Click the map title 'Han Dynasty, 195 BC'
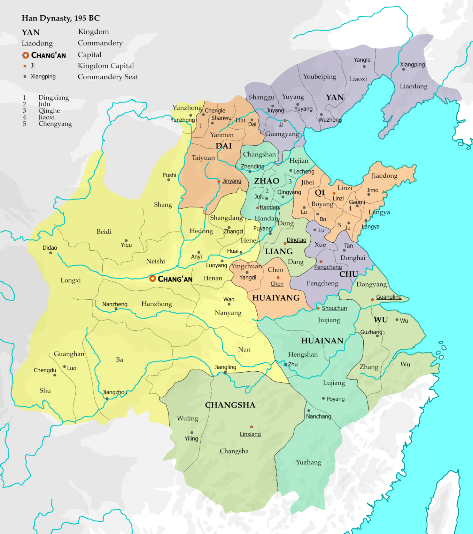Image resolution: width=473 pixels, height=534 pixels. (61, 18)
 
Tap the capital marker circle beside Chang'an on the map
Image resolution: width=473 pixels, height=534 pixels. (153, 278)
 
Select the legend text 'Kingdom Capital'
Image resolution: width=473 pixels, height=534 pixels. (106, 66)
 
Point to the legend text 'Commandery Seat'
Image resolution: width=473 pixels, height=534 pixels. (108, 77)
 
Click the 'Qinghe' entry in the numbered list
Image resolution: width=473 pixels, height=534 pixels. (49, 111)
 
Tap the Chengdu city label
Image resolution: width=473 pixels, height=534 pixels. (45, 370)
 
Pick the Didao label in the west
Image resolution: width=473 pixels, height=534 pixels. (50, 248)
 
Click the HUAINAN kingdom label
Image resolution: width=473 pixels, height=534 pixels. (322, 341)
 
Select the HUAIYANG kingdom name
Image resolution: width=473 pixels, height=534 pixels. (276, 298)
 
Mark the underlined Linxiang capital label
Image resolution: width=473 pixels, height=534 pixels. (250, 434)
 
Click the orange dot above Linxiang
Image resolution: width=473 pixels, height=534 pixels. (251, 427)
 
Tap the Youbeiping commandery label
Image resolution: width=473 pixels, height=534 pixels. (319, 76)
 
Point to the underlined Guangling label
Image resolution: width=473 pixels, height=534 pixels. (389, 297)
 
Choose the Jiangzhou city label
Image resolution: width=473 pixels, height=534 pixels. (115, 392)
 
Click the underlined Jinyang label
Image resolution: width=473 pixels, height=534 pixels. (232, 181)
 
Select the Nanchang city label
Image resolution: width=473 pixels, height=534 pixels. (318, 416)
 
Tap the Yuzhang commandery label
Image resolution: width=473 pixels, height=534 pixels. (309, 462)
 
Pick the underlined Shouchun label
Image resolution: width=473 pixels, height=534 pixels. (334, 308)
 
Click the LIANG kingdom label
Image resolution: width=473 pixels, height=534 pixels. (279, 251)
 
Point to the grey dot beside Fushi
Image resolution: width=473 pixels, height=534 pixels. (169, 180)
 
